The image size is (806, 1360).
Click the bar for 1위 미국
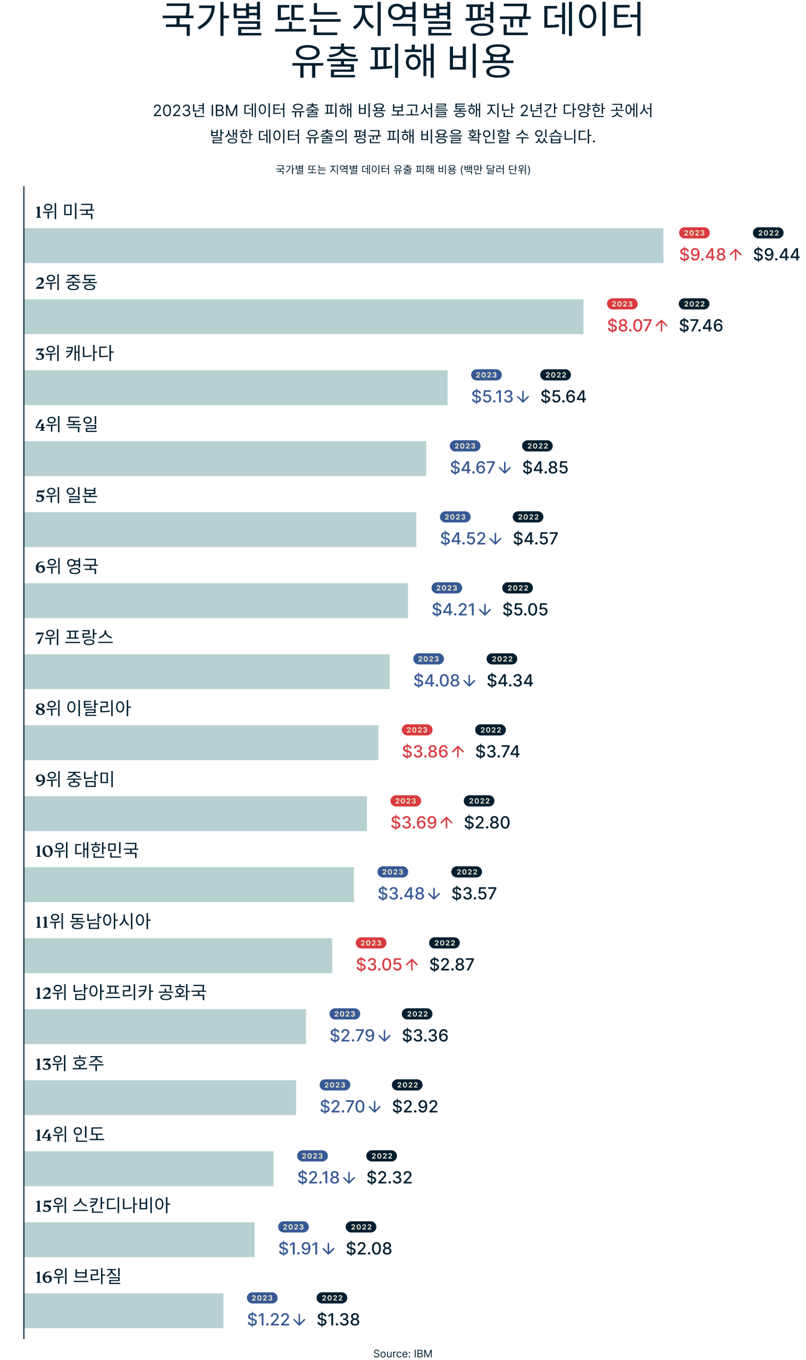pyautogui.click(x=343, y=245)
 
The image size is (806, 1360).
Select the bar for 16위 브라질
pyautogui.click(x=124, y=1311)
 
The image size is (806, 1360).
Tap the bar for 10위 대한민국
pyautogui.click(x=189, y=885)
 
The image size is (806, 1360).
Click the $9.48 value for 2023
pyautogui.click(x=702, y=254)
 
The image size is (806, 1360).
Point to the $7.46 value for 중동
pyautogui.click(x=701, y=325)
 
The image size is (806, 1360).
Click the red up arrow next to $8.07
pyautogui.click(x=661, y=326)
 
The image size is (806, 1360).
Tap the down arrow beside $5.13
pyautogui.click(x=523, y=397)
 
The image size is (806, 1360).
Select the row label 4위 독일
pyautogui.click(x=66, y=424)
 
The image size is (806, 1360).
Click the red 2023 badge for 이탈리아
pyautogui.click(x=417, y=730)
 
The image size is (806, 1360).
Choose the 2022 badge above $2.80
pyautogui.click(x=479, y=801)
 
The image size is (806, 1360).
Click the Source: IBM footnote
pyautogui.click(x=402, y=1349)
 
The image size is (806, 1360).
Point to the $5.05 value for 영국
pyautogui.click(x=525, y=609)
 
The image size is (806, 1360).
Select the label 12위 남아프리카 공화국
pyautogui.click(x=121, y=992)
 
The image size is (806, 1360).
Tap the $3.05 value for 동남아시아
pyautogui.click(x=379, y=964)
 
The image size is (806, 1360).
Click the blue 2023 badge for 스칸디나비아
pyautogui.click(x=293, y=1227)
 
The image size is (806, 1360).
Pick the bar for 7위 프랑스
pyautogui.click(x=207, y=671)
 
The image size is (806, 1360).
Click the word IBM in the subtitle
pyautogui.click(x=224, y=110)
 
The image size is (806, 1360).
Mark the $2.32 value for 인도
pyautogui.click(x=389, y=1177)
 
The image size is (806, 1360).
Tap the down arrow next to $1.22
pyautogui.click(x=299, y=1319)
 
